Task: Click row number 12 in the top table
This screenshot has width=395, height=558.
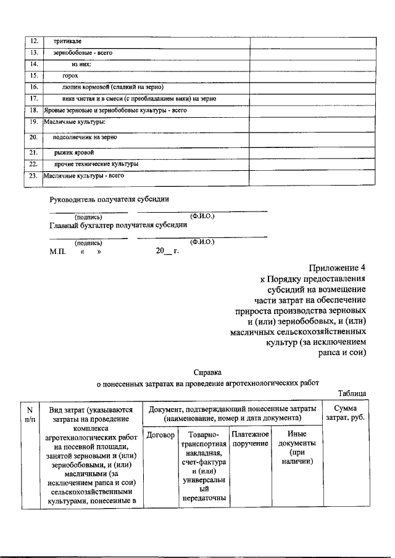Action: tap(35, 41)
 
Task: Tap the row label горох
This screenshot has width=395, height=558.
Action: tap(70, 75)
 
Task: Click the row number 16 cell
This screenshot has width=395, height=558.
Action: tap(35, 87)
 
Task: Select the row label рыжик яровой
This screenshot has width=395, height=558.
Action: tap(74, 152)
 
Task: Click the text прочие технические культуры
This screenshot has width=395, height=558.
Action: tap(96, 164)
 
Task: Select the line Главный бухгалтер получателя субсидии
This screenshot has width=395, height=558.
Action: tap(118, 225)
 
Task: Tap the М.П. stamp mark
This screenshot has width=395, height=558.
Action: tap(57, 252)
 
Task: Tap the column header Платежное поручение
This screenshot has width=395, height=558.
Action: tap(250, 440)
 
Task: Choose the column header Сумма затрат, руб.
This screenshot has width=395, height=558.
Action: tap(345, 414)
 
